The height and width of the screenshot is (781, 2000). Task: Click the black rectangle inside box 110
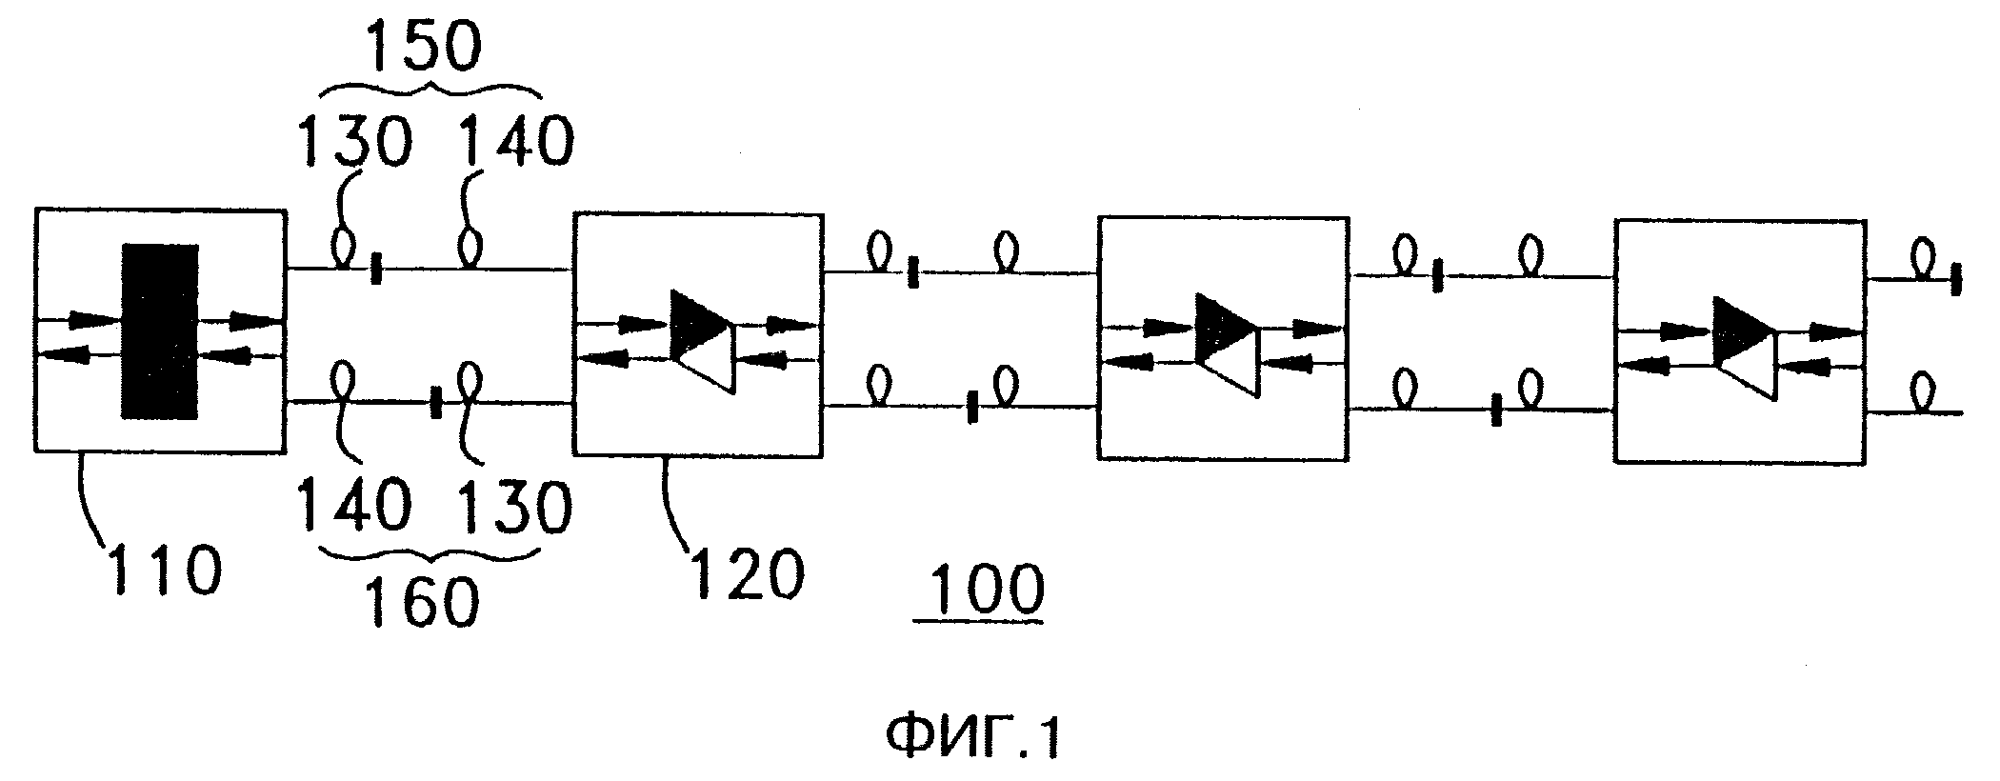pyautogui.click(x=160, y=330)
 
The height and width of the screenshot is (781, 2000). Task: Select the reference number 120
pyautogui.click(x=747, y=573)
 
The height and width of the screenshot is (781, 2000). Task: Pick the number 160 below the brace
pyautogui.click(x=420, y=602)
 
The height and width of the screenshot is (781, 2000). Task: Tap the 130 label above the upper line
pyautogui.click(x=355, y=143)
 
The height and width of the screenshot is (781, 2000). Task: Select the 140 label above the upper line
pyautogui.click(x=517, y=143)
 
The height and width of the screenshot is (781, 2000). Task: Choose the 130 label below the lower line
pyautogui.click(x=514, y=504)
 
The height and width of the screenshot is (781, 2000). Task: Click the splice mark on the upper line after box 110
pyautogui.click(x=377, y=270)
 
